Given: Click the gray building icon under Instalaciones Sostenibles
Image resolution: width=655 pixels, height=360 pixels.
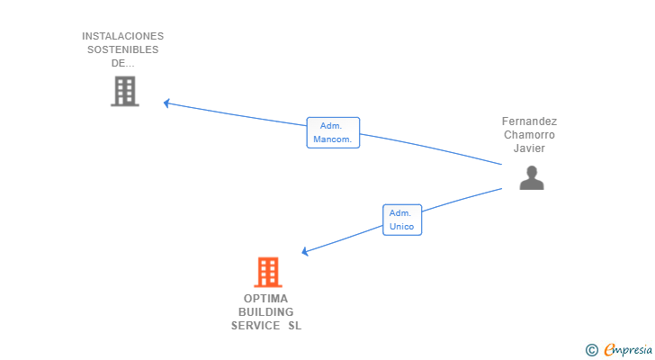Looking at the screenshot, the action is point(125,91).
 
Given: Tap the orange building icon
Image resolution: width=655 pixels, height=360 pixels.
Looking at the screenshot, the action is point(268,272).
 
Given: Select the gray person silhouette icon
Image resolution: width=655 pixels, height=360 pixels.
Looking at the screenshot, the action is point(532,178).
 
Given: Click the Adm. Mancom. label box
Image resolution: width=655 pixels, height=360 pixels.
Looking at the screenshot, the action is point(333,132).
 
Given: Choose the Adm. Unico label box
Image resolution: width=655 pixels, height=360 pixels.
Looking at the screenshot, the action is point(402,220).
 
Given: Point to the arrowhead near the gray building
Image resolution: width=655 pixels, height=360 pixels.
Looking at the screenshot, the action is point(166,103).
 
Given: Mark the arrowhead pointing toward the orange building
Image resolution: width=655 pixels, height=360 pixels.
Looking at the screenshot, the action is point(305,251).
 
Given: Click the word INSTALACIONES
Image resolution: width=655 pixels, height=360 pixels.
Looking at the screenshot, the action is point(122,36).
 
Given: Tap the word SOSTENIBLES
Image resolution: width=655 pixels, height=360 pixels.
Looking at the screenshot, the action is point(122,49).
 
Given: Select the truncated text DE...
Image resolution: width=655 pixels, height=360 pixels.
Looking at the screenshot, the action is point(122,63).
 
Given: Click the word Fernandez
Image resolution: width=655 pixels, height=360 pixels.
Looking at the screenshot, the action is point(529,121).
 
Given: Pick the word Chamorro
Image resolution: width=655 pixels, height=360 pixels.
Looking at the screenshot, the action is point(529,134).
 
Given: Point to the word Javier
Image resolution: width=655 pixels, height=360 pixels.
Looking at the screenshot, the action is point(529,148).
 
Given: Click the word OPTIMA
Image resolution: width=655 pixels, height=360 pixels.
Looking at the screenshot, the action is point(265,299).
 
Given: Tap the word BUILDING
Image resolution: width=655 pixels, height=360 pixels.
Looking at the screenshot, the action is point(265,312).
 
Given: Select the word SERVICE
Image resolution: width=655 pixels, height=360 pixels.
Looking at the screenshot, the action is point(256,325).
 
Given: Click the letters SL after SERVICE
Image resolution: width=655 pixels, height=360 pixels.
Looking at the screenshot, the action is point(294,325).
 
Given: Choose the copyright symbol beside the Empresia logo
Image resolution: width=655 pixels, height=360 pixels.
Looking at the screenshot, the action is point(591,350).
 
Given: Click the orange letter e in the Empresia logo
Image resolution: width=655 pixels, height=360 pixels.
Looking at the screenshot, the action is point(609,350).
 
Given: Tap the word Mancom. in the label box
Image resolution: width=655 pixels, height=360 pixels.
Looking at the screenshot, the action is point(333,139).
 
